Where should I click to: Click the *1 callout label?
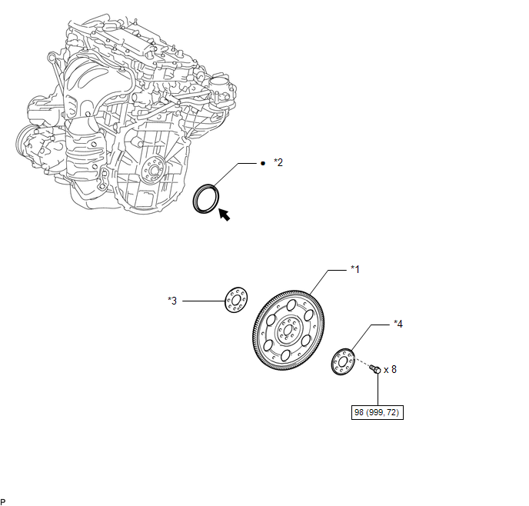(x=355, y=269)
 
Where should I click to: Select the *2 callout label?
(x=278, y=162)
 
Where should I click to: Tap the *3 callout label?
(x=172, y=301)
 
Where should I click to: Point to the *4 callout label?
(x=398, y=324)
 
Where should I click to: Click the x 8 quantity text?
(x=390, y=369)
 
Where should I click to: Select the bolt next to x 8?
(x=375, y=368)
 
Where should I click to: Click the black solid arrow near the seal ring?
(x=225, y=215)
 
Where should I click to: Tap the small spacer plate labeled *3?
(x=236, y=300)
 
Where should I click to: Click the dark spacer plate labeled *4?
(x=343, y=362)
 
